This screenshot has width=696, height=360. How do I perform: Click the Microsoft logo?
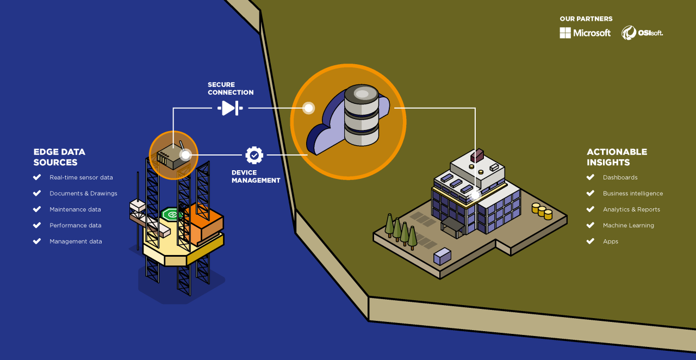(x=585, y=33)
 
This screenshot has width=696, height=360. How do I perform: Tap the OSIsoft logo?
(x=642, y=33)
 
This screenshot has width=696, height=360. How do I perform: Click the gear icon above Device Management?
(x=254, y=155)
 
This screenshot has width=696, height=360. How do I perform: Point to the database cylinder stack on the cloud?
(x=361, y=115)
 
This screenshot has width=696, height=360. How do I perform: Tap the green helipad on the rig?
(x=173, y=214)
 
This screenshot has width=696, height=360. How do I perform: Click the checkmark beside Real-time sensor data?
(x=37, y=177)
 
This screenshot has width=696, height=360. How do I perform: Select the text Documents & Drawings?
(x=83, y=194)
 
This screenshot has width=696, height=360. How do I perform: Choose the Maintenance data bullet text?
(x=75, y=209)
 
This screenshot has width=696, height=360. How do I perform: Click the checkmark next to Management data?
(x=37, y=241)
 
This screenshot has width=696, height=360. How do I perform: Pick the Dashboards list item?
(x=620, y=177)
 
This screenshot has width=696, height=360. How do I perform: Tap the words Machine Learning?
(x=628, y=225)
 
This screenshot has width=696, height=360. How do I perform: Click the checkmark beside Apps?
(x=591, y=241)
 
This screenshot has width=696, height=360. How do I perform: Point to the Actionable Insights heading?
(x=617, y=157)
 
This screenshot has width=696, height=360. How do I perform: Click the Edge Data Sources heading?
(x=59, y=157)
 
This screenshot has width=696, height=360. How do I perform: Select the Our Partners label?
(x=586, y=19)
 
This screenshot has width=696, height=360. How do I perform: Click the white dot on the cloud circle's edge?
(x=308, y=108)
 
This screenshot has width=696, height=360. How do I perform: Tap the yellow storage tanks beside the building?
(x=542, y=210)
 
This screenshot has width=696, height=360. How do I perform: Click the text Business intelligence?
(x=632, y=194)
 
